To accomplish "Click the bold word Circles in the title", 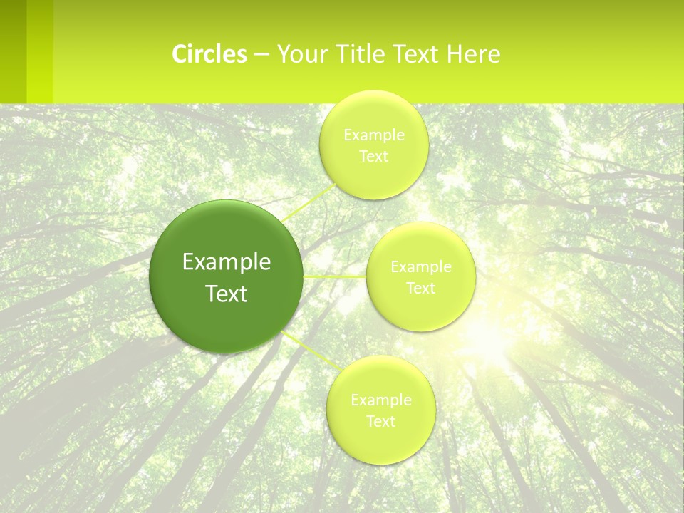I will [x=209, y=54].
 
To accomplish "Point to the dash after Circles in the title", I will [x=261, y=55].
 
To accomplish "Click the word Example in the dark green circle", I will [x=227, y=262].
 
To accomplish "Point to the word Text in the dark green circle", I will [x=227, y=294].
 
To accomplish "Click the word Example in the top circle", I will [x=374, y=135].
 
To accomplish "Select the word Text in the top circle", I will [x=374, y=157].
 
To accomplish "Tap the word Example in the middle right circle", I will [x=421, y=267].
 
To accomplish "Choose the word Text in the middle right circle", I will [x=421, y=289].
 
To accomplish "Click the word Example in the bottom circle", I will [x=381, y=400].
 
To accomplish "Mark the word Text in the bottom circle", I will [x=381, y=422].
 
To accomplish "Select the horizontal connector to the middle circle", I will [x=335, y=276].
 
